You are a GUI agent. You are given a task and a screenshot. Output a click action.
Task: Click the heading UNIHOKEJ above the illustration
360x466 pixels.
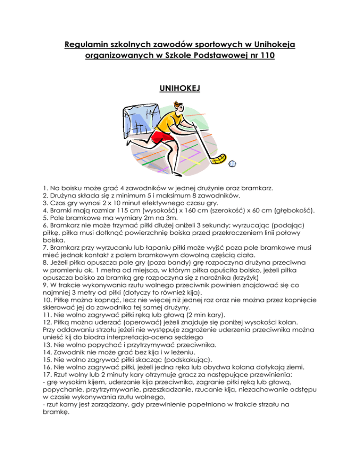point(180,88)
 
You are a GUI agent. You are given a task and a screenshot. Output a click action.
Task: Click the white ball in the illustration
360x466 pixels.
point(232,163)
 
